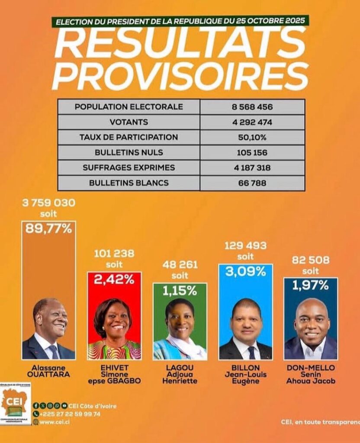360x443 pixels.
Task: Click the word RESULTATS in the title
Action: pyautogui.click(x=180, y=43)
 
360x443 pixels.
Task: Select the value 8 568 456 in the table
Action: pyautogui.click(x=252, y=107)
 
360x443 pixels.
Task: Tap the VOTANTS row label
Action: pyautogui.click(x=129, y=122)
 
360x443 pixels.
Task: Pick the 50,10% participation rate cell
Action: pyautogui.click(x=252, y=137)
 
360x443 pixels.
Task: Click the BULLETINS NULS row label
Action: pyautogui.click(x=129, y=152)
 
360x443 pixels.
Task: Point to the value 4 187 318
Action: pyautogui.click(x=252, y=167)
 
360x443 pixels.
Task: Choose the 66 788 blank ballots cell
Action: pyautogui.click(x=252, y=183)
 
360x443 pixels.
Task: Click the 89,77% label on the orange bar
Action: pyautogui.click(x=48, y=229)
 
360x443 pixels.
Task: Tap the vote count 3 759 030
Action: pyautogui.click(x=48, y=202)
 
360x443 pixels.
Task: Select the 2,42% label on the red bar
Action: pyautogui.click(x=114, y=279)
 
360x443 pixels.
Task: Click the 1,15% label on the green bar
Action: pyautogui.click(x=180, y=291)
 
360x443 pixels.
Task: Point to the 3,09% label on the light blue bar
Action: pyautogui.click(x=245, y=272)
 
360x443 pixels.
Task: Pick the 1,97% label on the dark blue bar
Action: pyautogui.click(x=311, y=286)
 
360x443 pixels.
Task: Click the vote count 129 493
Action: pyautogui.click(x=245, y=246)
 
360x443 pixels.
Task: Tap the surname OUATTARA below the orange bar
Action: pyautogui.click(x=48, y=375)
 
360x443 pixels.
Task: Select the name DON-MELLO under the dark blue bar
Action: pyautogui.click(x=311, y=368)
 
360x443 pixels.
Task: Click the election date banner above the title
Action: pyautogui.click(x=180, y=21)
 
